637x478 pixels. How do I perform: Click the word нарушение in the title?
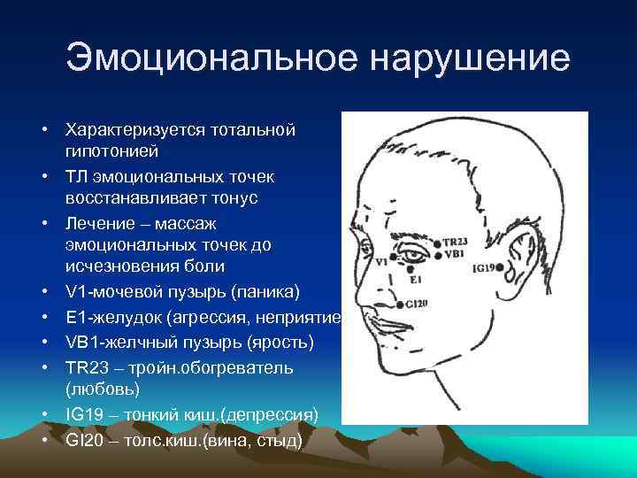471,58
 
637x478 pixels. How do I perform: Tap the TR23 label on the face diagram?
455,242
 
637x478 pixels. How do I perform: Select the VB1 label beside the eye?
453,254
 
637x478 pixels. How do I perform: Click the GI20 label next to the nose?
417,304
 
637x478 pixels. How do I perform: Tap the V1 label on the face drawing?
381,263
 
